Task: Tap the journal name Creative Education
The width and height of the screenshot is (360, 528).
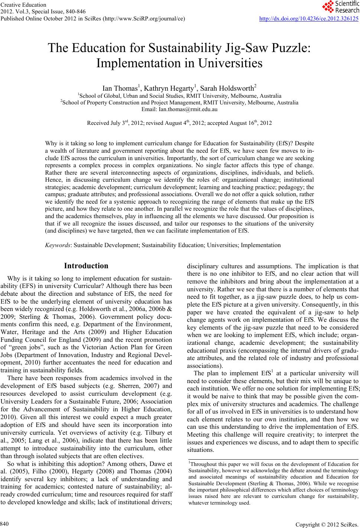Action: coord(23,5)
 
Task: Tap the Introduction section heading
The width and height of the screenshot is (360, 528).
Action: coord(86,266)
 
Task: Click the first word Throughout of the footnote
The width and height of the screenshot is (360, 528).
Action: coord(201,464)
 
